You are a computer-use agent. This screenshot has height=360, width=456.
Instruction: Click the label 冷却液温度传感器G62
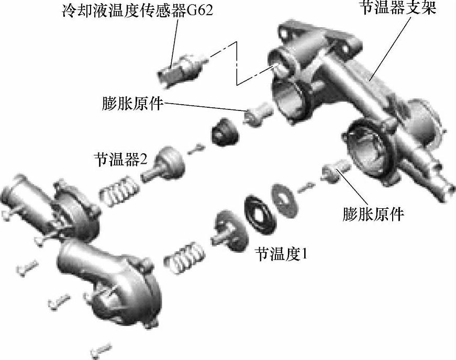[137, 10]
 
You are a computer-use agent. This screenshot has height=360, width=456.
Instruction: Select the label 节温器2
[120, 159]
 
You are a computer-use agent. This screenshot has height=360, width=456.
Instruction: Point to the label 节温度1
[281, 254]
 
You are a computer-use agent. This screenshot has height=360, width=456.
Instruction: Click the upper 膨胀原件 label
[132, 103]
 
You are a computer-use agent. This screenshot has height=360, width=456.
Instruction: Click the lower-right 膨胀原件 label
[373, 214]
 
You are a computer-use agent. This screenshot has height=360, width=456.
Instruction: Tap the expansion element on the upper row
[258, 114]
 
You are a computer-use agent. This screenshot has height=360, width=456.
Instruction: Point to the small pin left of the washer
[307, 187]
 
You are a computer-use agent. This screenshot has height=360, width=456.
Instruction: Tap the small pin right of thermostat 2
[197, 148]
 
